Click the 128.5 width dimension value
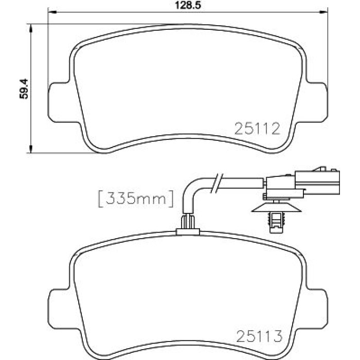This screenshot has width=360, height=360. tap(188, 5)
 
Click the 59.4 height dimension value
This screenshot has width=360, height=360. tap(24, 89)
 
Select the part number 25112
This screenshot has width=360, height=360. tap(257, 129)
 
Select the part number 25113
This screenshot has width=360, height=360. tap(259, 336)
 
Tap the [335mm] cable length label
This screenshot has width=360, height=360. tap(136, 199)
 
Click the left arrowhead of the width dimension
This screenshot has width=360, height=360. tap(52, 11)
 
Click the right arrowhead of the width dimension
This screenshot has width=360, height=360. tap(323, 11)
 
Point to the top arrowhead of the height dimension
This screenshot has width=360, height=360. tap(31, 28)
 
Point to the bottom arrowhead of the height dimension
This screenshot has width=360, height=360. tap(31, 148)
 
